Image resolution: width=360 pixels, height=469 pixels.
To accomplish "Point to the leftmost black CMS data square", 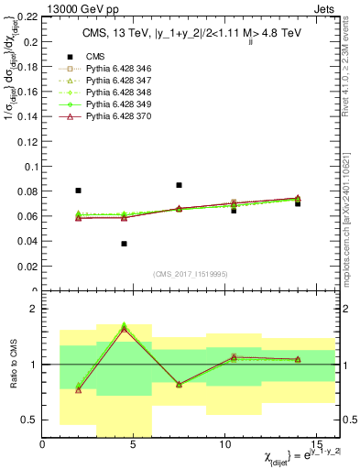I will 78,191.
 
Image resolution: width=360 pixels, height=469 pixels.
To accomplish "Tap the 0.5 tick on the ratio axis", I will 32,420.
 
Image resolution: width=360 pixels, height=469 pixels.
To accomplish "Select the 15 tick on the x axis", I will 315,445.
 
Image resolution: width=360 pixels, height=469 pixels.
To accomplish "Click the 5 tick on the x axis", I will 134,445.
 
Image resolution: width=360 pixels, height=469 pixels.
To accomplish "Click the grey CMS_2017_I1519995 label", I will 189,275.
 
